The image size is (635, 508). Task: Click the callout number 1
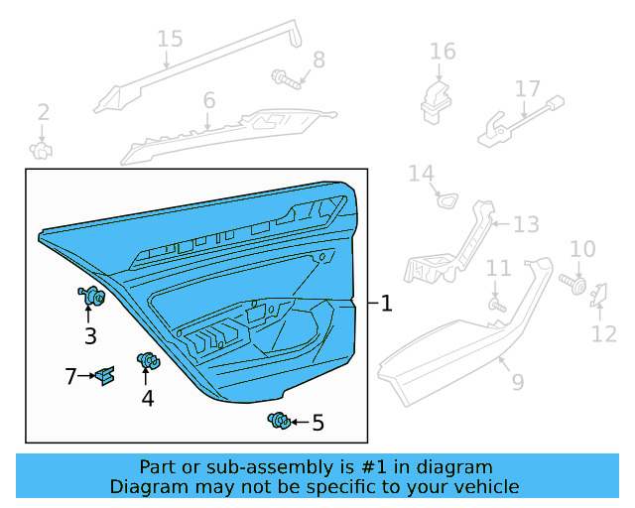[386, 304]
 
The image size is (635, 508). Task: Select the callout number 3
[90, 336]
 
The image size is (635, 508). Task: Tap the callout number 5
[317, 424]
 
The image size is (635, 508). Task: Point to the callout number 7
[70, 376]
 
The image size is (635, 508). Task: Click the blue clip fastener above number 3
[92, 296]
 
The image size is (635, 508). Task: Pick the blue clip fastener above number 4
[147, 362]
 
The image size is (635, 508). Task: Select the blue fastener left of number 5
[278, 422]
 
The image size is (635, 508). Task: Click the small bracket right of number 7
[105, 376]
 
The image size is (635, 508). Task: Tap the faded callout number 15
[170, 39]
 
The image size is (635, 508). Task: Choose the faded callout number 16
[443, 51]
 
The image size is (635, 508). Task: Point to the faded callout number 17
[527, 89]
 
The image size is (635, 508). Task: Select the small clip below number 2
[42, 150]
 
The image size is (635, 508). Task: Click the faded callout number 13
[526, 224]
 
